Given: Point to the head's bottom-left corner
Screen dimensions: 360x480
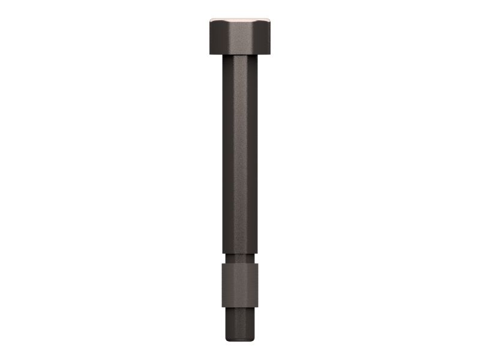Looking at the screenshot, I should (211, 54).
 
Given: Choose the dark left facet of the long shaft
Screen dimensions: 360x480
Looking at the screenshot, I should (229, 156).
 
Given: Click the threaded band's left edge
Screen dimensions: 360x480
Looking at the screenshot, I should (223, 286).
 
